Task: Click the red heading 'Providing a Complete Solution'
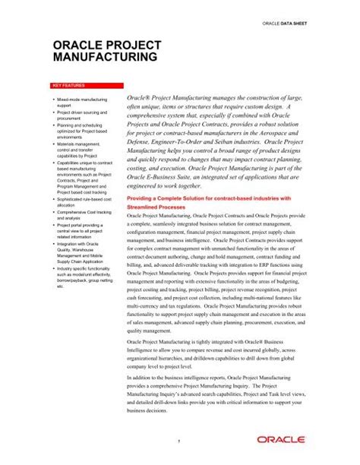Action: [x=209, y=198]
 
